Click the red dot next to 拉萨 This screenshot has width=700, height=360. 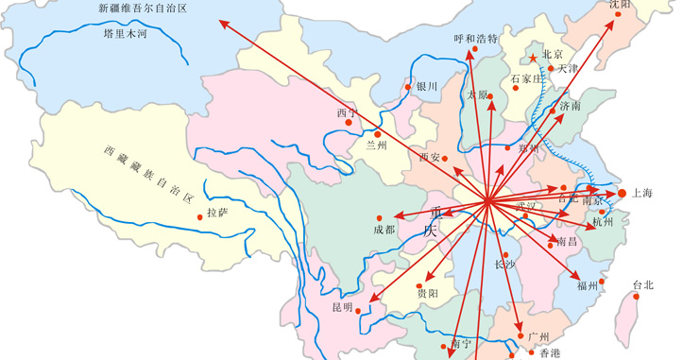click(x=199, y=217)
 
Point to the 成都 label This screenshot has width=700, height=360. click(x=384, y=230)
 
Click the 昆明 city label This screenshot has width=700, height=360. click(x=341, y=308)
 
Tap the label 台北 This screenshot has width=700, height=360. click(x=642, y=285)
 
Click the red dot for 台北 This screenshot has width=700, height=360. click(x=636, y=297)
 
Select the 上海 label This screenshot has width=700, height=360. click(x=642, y=193)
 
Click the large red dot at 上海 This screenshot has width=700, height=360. click(x=622, y=194)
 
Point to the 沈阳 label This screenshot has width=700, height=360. click(x=620, y=5)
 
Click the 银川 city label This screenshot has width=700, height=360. click(x=427, y=86)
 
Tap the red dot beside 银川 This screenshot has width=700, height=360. click(x=409, y=88)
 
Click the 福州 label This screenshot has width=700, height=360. click(x=587, y=284)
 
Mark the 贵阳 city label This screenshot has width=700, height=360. click(x=427, y=294)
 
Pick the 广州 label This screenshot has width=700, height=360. click(x=538, y=336)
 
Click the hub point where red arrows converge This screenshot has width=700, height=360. click(x=487, y=200)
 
